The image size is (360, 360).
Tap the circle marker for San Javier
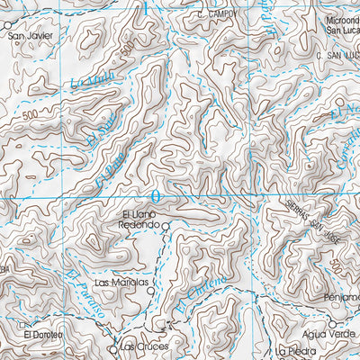tap(4, 26)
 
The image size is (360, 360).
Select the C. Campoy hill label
tap(219, 15)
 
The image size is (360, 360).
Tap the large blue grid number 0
tap(156, 195)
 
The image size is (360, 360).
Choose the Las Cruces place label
tap(141, 347)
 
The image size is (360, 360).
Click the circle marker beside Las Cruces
tap(113, 346)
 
